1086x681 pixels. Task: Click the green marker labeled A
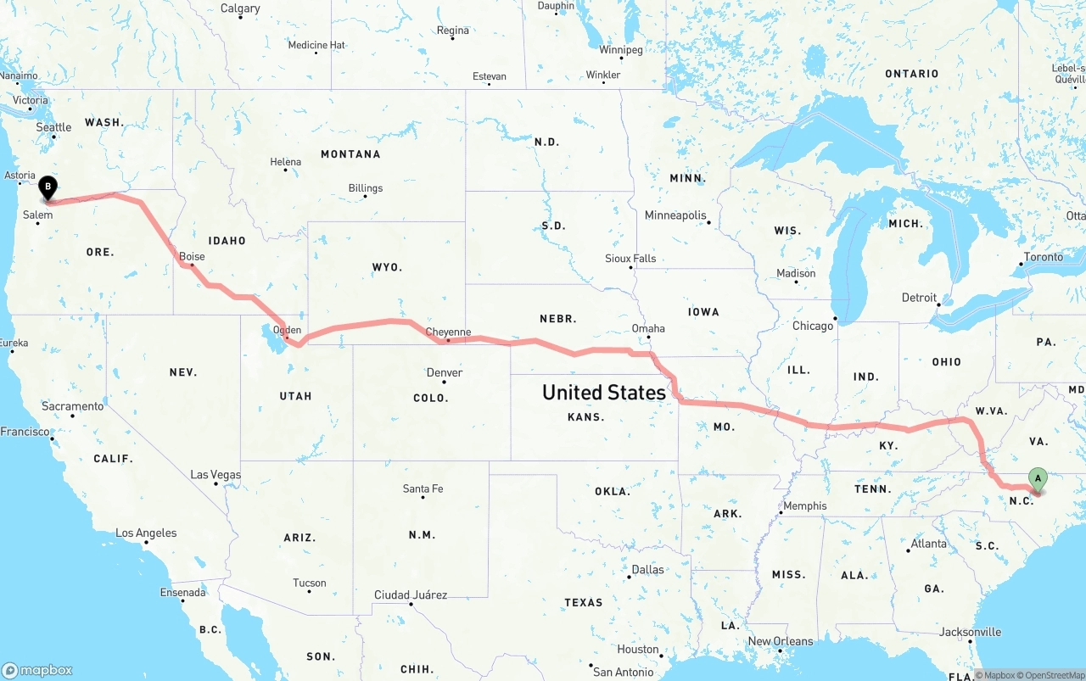pyautogui.click(x=1037, y=479)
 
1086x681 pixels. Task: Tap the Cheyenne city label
pyautogui.click(x=448, y=332)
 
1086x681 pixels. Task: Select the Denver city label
pyautogui.click(x=445, y=372)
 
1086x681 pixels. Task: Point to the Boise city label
pyautogui.click(x=192, y=256)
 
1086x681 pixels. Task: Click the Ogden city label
pyautogui.click(x=288, y=330)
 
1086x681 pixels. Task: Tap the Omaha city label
pyautogui.click(x=648, y=328)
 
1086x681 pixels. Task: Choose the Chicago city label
pyautogui.click(x=813, y=326)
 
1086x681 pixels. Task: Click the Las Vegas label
pyautogui.click(x=216, y=475)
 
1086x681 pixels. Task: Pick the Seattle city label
pyautogui.click(x=53, y=127)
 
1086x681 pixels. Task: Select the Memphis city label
pyautogui.click(x=804, y=505)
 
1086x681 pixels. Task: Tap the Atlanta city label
pyautogui.click(x=929, y=544)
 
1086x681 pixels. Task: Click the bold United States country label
pyautogui.click(x=604, y=393)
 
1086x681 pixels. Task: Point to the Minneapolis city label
pyautogui.click(x=675, y=215)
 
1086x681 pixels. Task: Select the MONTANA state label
pyautogui.click(x=350, y=154)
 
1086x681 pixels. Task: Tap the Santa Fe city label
pyautogui.click(x=423, y=488)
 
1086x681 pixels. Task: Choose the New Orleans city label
pyautogui.click(x=780, y=641)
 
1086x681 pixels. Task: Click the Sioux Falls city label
pyautogui.click(x=630, y=258)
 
